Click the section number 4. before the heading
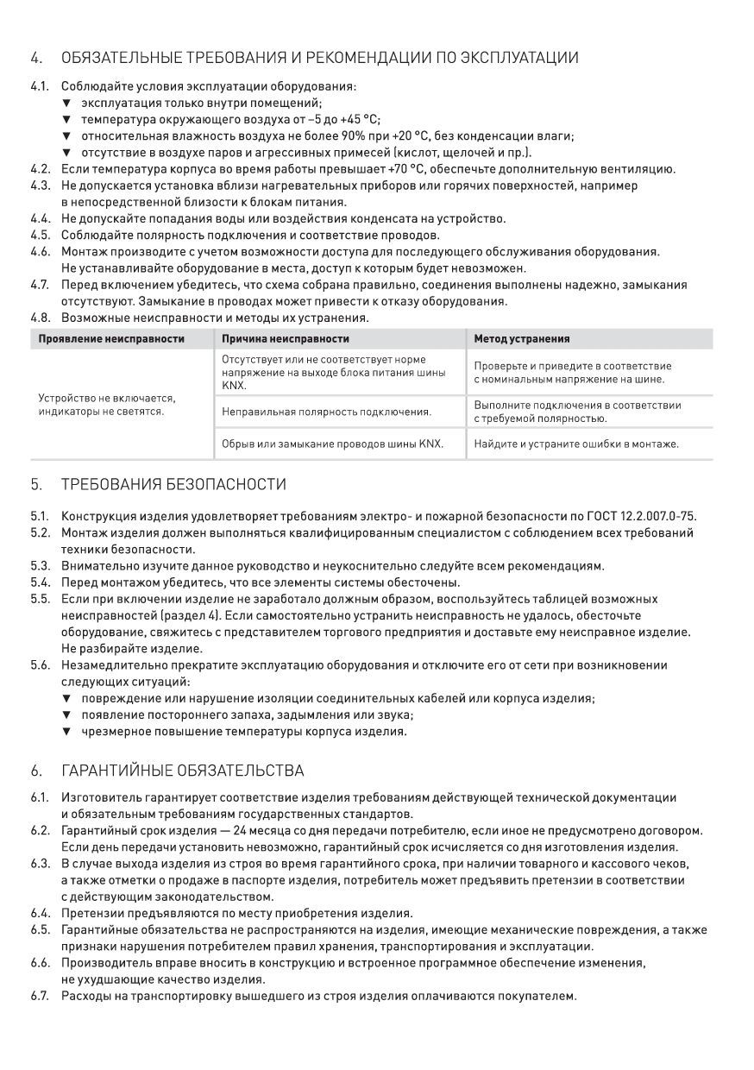point(35,59)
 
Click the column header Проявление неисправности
point(111,339)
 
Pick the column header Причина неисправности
point(286,339)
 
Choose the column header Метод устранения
point(522,339)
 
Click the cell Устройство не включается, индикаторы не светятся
point(107,405)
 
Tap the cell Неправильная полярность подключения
point(326,412)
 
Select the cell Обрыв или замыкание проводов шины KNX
point(332,444)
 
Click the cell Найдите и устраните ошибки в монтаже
point(576,444)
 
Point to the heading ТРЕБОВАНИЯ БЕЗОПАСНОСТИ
point(173,484)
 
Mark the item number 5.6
point(40,665)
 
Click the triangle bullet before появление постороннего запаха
point(66,715)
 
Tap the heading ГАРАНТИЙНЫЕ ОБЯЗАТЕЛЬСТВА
point(182,771)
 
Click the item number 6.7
point(40,996)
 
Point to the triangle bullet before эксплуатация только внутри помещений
point(66,104)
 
